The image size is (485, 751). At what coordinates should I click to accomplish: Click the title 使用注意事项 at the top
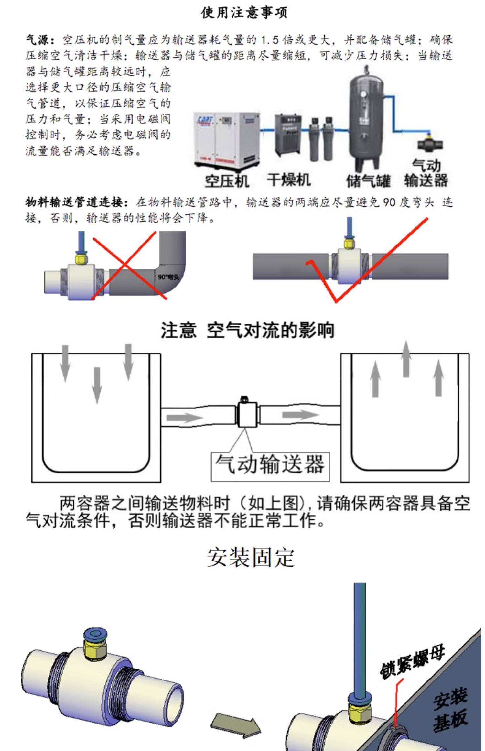click(244, 13)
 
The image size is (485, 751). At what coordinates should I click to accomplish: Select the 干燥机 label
click(288, 180)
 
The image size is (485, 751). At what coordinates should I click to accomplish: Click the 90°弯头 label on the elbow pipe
click(168, 277)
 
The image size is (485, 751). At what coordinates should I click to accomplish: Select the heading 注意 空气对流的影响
click(247, 330)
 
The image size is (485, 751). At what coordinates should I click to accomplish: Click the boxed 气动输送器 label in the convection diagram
click(270, 464)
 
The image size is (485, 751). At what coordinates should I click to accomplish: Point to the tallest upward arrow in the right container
click(406, 359)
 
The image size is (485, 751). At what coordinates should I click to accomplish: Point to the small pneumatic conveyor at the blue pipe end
click(429, 144)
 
